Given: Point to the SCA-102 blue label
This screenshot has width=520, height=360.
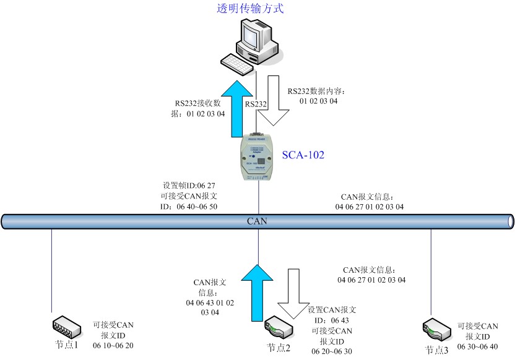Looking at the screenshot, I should coord(303,154).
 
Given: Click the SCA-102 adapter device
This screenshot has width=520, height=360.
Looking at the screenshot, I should coord(259,158).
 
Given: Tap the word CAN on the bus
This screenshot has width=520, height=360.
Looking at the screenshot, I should coord(257,220).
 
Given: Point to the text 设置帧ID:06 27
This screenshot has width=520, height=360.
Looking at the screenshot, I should coord(188,185).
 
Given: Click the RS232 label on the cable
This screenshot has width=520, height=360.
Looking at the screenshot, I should coord(256,105).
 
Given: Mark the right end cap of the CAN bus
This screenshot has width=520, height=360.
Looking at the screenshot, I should coord(510,221).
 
